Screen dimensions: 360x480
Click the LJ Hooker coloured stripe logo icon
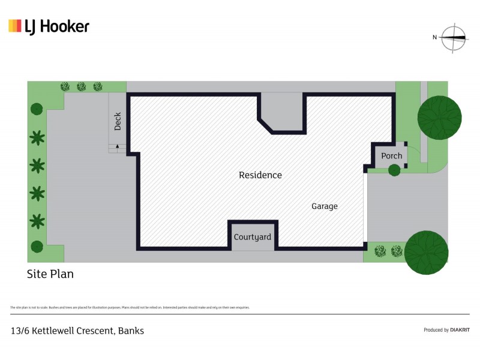pyautogui.click(x=15, y=26)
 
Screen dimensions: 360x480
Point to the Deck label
pyautogui.click(x=118, y=121)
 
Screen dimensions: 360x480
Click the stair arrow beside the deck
pyautogui.click(x=117, y=146)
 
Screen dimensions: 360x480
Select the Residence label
pyautogui.click(x=260, y=175)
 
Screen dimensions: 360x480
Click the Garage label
pyautogui.click(x=324, y=206)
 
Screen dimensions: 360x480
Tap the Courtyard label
pyautogui.click(x=252, y=237)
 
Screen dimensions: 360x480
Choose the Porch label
pyautogui.click(x=391, y=156)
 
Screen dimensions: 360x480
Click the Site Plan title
pyautogui.click(x=50, y=274)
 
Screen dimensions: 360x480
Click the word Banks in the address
pyautogui.click(x=131, y=331)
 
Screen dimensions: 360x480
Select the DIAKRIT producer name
pyautogui.click(x=460, y=330)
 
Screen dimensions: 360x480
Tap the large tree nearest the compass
pyautogui.click(x=439, y=117)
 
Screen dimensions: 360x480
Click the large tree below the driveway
pyautogui.click(x=427, y=253)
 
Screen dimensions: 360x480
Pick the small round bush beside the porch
pyautogui.click(x=394, y=171)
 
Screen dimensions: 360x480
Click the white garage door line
pyautogui.click(x=365, y=207)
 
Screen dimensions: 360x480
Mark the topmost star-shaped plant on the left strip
pyautogui.click(x=37, y=138)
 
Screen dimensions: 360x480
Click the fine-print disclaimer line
pyautogui.click(x=129, y=307)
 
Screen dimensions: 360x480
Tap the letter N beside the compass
pyautogui.click(x=434, y=37)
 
